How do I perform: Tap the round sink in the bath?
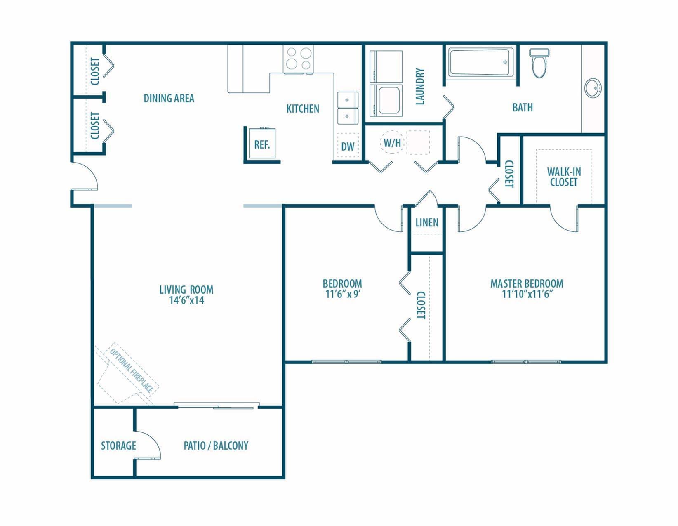(593, 88)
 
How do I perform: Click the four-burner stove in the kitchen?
(298, 59)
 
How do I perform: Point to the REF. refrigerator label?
(262, 145)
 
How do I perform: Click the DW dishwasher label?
(348, 146)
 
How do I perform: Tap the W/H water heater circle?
(392, 143)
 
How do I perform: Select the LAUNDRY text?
(420, 87)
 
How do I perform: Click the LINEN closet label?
(427, 223)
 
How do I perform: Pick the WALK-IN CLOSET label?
(564, 177)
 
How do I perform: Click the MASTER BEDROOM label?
(527, 284)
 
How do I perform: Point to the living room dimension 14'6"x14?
(186, 300)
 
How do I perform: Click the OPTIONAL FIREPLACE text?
(131, 370)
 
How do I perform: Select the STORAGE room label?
(118, 446)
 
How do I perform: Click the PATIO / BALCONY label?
(216, 446)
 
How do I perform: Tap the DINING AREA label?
(169, 99)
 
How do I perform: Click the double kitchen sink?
(347, 108)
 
